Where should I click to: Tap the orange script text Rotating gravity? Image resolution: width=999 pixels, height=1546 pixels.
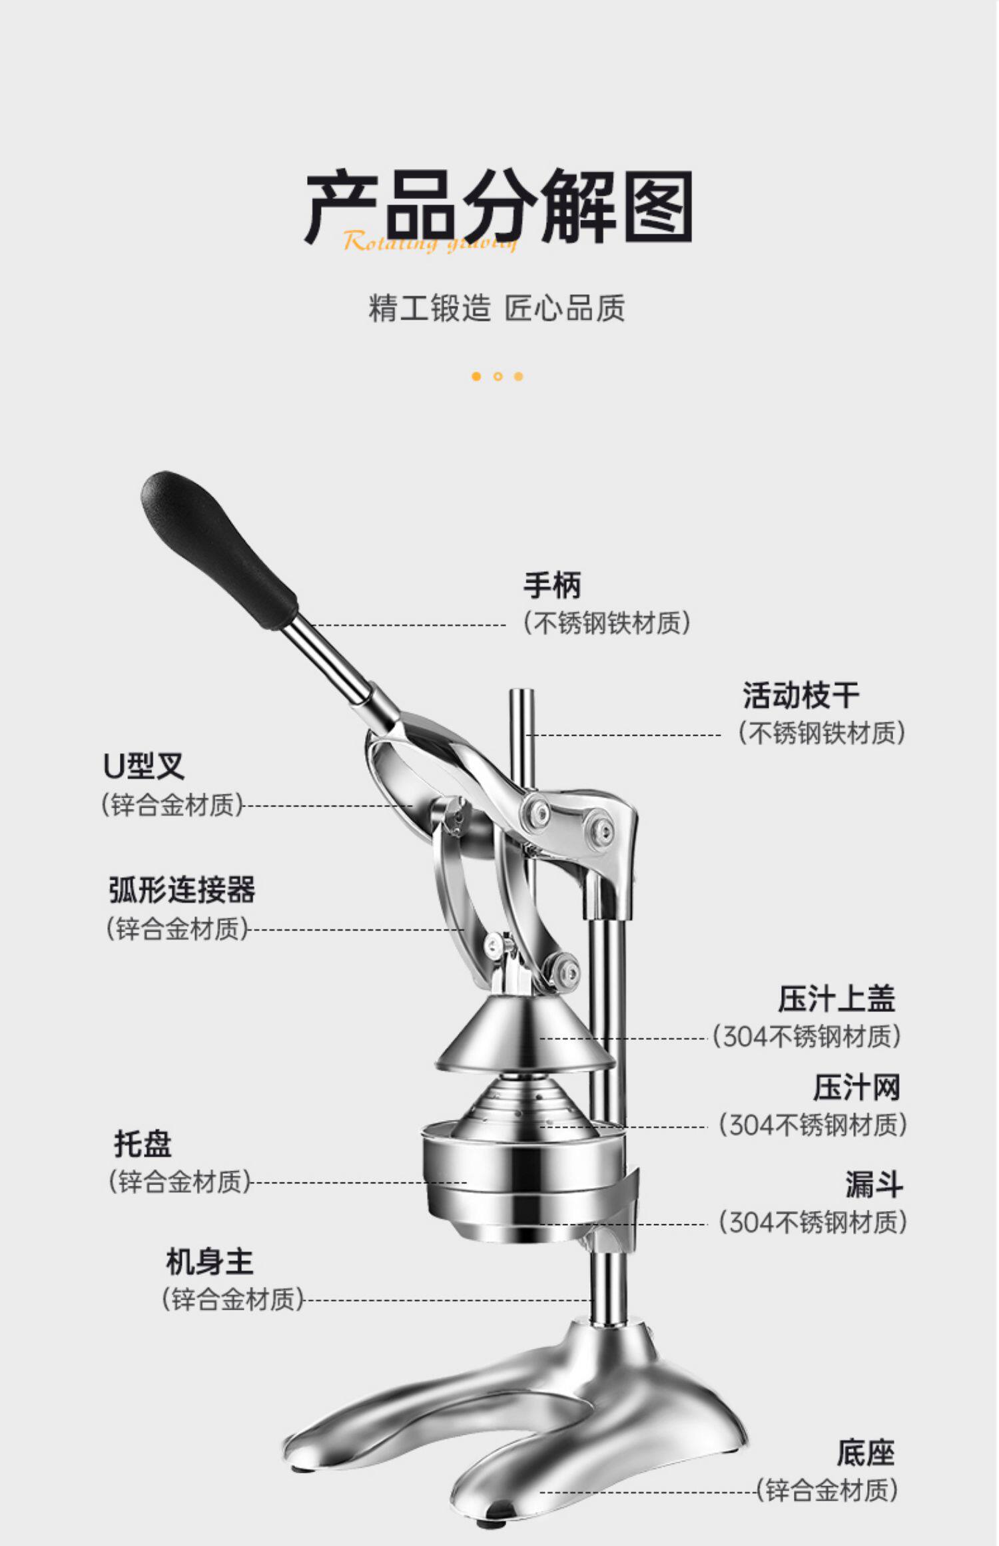[430, 242]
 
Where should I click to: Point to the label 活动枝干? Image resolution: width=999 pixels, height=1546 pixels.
[801, 695]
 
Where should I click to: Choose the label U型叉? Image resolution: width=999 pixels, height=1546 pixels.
[143, 766]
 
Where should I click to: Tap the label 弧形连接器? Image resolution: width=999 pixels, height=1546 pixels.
[182, 890]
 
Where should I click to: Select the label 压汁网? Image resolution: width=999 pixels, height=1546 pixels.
[856, 1088]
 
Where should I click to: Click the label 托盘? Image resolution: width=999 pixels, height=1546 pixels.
[143, 1144]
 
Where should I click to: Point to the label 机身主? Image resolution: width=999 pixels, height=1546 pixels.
[210, 1262]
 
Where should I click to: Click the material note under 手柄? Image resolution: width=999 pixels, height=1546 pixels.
[607, 623]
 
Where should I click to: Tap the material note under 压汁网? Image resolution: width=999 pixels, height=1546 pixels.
[813, 1125]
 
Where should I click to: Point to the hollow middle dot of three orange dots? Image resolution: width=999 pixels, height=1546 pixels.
[498, 376]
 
